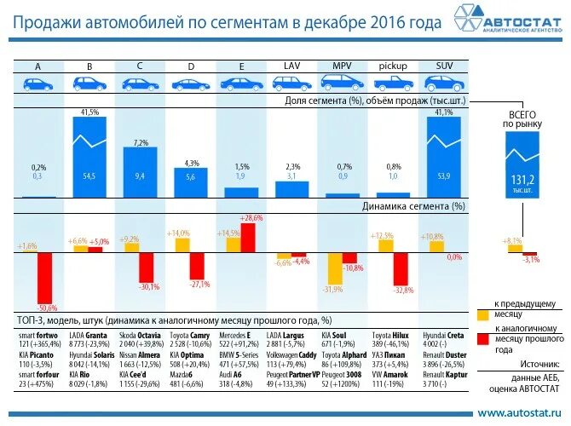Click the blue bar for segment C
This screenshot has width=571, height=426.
140,172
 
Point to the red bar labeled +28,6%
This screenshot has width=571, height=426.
247,237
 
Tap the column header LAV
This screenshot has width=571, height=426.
291,66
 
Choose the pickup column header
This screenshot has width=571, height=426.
393,66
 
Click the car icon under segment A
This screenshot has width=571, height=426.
37,83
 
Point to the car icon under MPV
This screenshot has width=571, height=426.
342,83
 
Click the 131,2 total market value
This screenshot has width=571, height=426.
522,181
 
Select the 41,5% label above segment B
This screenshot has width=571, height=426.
89,112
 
